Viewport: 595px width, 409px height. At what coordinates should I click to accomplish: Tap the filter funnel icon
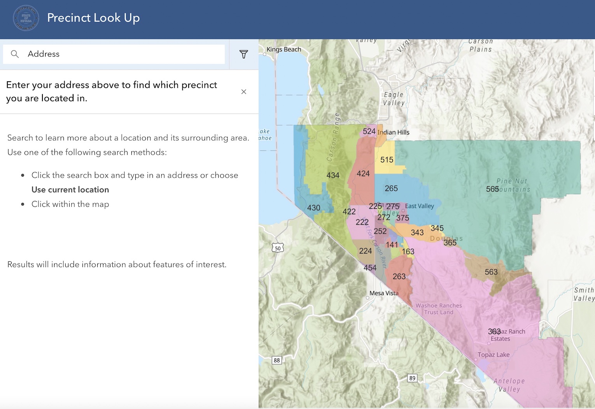pos(244,54)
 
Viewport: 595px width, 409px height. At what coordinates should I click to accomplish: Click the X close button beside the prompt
pos(244,92)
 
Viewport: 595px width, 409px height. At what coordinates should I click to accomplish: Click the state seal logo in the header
pos(26,18)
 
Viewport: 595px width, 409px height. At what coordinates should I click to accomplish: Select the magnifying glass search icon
pos(15,54)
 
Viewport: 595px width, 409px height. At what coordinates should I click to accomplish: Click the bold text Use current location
pos(70,190)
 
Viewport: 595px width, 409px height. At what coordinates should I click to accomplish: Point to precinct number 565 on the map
pos(492,189)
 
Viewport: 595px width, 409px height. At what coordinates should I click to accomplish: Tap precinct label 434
pos(333,175)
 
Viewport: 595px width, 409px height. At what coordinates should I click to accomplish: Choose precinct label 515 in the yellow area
pos(387,160)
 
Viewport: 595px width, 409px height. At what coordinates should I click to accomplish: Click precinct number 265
pos(391,189)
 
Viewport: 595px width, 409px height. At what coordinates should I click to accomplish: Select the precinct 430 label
pos(314,208)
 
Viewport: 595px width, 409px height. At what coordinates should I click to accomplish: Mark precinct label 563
pos(491,272)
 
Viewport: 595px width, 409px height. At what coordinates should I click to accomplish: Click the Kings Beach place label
pos(284,49)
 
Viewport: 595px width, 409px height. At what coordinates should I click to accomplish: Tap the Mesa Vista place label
pos(384,293)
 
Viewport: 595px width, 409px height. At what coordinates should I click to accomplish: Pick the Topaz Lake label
pos(493,355)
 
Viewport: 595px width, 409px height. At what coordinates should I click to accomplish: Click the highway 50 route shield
pos(278,248)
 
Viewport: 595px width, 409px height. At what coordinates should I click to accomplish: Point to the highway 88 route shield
pos(277,360)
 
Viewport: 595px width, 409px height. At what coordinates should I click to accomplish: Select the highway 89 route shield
pos(412,378)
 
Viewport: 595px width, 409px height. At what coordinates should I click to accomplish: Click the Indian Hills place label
pos(393,132)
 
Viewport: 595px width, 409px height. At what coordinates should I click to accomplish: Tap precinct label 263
pos(399,276)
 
